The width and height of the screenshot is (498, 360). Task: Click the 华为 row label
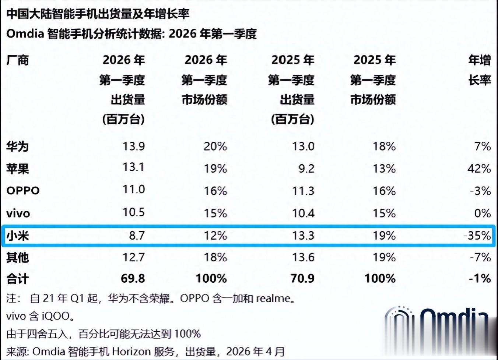pos(17,146)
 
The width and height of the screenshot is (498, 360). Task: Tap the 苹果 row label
pos(17,169)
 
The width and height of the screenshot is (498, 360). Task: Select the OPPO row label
pos(23,191)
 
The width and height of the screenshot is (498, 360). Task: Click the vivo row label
pos(18,213)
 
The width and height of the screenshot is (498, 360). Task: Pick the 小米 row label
pos(17,235)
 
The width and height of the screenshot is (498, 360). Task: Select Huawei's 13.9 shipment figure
pos(133,146)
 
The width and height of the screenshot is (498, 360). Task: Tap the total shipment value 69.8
pos(133,278)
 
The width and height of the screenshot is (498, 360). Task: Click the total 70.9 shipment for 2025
pos(302,278)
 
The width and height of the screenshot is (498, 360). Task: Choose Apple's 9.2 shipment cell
pos(306,169)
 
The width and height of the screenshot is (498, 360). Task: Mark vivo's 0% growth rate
pos(482,213)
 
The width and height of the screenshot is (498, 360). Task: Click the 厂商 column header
pos(17,60)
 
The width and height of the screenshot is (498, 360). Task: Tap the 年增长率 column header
pos(480,70)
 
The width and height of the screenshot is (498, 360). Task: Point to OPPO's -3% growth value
pos(480,191)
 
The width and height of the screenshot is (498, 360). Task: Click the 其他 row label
pos(17,257)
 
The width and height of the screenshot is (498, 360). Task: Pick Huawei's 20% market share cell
pos(215,146)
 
